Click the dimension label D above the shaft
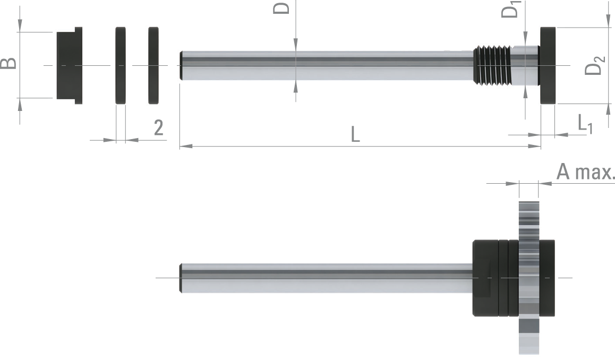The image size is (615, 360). tap(281, 7)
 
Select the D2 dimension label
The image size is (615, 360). tap(594, 65)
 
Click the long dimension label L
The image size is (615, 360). tap(355, 134)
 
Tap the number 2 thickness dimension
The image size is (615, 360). tap(158, 128)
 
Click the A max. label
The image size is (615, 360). tap(585, 172)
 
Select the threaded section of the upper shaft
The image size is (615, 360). tap(493, 65)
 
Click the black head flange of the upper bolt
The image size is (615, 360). tap(548, 65)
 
